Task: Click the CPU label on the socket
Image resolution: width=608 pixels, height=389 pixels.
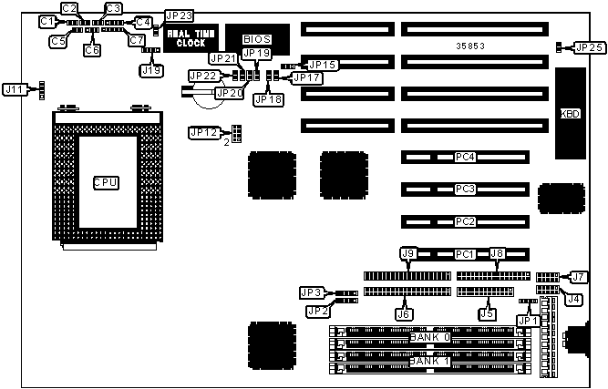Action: tap(106, 183)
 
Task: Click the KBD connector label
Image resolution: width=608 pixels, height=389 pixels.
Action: tap(570, 115)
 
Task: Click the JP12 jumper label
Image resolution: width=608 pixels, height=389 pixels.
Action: tap(204, 133)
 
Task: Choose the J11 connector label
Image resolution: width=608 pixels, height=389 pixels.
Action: tap(15, 89)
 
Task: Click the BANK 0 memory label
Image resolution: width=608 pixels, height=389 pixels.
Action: tap(429, 337)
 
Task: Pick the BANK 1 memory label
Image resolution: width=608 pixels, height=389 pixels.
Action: tap(429, 362)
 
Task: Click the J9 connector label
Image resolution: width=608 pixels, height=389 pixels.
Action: tap(408, 254)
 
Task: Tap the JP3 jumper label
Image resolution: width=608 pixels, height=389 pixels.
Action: tap(312, 292)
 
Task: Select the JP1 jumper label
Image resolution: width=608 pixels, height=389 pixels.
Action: tap(526, 320)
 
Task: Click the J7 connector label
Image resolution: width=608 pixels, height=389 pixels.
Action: tap(579, 277)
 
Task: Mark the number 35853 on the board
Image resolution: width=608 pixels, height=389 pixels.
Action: tap(471, 45)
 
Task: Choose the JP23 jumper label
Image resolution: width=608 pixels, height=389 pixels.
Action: tap(179, 16)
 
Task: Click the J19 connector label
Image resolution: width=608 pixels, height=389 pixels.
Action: tap(152, 69)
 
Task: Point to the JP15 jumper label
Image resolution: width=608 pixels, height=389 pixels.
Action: tap(323, 65)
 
